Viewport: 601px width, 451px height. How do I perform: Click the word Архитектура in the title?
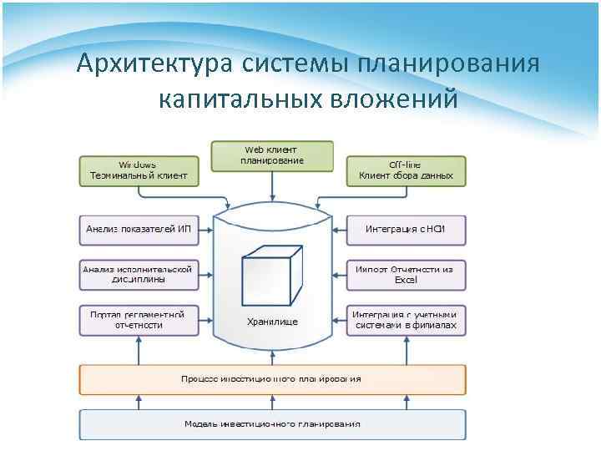coord(154,63)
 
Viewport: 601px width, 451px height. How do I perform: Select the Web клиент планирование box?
coord(272,155)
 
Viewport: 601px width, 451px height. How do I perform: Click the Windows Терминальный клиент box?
coord(139,170)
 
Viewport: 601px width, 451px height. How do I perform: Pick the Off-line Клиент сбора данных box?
coord(406,170)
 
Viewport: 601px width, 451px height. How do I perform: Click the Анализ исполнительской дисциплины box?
coord(139,275)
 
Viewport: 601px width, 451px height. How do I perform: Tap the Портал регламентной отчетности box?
coord(139,320)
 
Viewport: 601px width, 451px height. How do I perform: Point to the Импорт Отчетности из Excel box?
coord(406,275)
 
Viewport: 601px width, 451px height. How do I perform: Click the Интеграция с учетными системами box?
coord(406,320)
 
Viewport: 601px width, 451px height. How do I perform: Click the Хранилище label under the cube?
coord(272,322)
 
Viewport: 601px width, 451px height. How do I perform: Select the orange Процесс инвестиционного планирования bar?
coord(272,379)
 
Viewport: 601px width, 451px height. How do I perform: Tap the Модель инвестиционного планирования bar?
coord(272,423)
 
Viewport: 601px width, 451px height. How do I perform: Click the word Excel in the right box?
coord(406,281)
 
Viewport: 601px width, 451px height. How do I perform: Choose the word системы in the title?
coord(293,63)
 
